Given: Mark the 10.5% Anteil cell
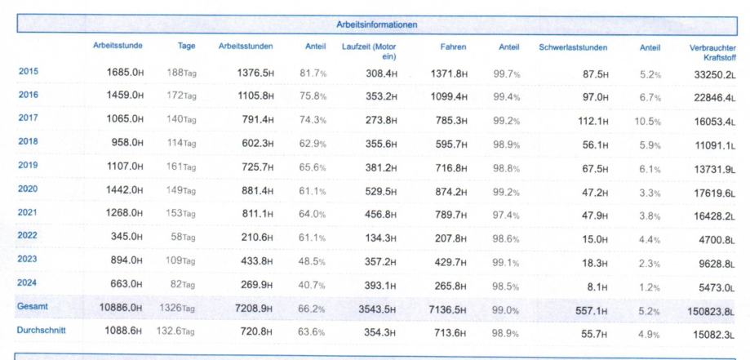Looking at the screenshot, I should coord(649,118).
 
